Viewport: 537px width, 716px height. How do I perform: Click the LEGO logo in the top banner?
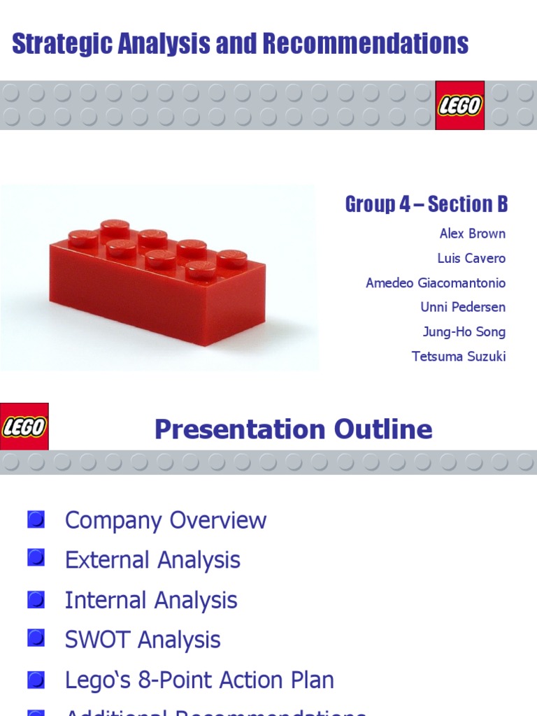click(459, 105)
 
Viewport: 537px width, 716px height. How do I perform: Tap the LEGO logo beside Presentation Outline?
click(24, 427)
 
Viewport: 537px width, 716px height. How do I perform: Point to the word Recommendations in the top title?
click(366, 43)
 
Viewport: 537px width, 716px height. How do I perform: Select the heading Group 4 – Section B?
click(426, 204)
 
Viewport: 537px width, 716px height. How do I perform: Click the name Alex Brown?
click(472, 234)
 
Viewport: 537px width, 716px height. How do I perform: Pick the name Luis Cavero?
click(471, 258)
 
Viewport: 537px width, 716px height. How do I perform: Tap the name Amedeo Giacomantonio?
click(435, 282)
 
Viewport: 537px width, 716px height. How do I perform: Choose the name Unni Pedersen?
click(463, 307)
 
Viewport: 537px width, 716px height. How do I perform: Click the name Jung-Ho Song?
click(464, 331)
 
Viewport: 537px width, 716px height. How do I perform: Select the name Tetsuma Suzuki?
click(459, 356)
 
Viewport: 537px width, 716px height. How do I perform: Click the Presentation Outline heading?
click(293, 429)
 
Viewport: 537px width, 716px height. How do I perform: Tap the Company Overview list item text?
click(166, 520)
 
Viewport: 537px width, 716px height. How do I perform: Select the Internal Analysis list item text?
click(151, 600)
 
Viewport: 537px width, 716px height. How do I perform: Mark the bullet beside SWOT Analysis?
click(36, 638)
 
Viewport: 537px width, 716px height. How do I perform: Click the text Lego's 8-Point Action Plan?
click(199, 680)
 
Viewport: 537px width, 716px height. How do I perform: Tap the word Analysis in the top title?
click(166, 43)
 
